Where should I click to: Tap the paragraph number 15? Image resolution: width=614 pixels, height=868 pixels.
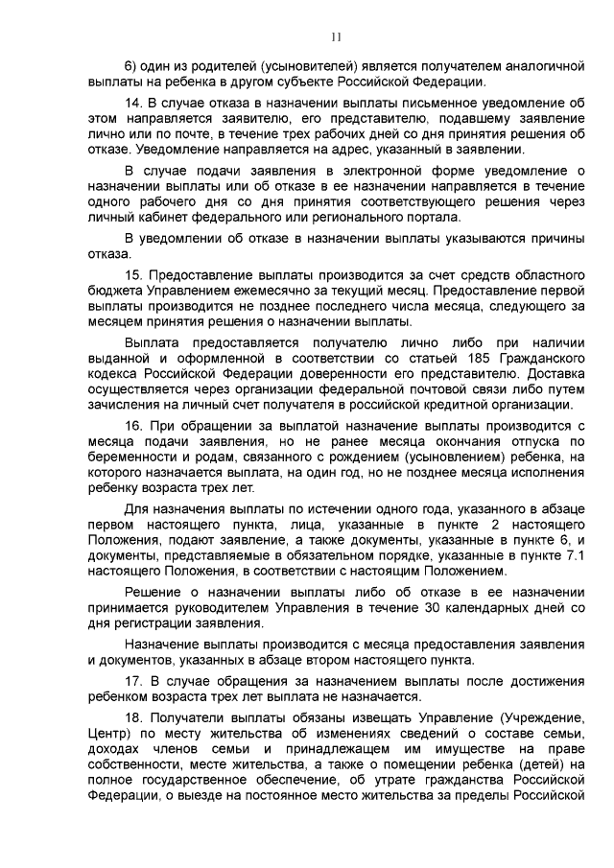pyautogui.click(x=133, y=276)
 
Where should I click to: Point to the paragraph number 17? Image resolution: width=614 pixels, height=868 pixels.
pyautogui.click(x=133, y=681)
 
